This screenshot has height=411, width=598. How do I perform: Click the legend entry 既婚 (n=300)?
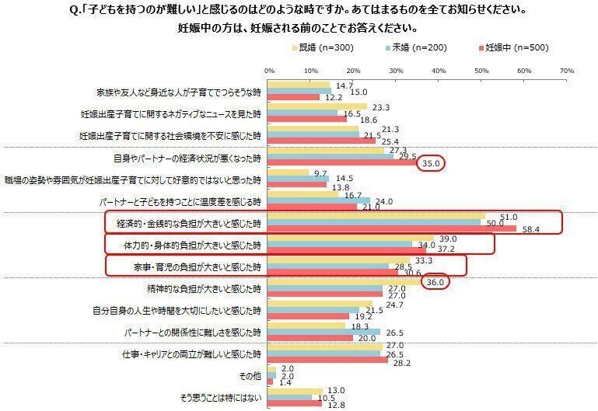pyautogui.click(x=320, y=48)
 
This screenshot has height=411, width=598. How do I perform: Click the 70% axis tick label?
pyautogui.click(x=566, y=71)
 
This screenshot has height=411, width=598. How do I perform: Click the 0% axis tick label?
pyautogui.click(x=269, y=71)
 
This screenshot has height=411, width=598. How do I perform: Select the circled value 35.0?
pyautogui.click(x=429, y=164)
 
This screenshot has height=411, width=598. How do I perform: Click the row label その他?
pyautogui.click(x=250, y=378)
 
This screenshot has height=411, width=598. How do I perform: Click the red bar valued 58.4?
pyautogui.click(x=392, y=229)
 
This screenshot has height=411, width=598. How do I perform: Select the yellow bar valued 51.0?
pyautogui.click(x=376, y=217)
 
